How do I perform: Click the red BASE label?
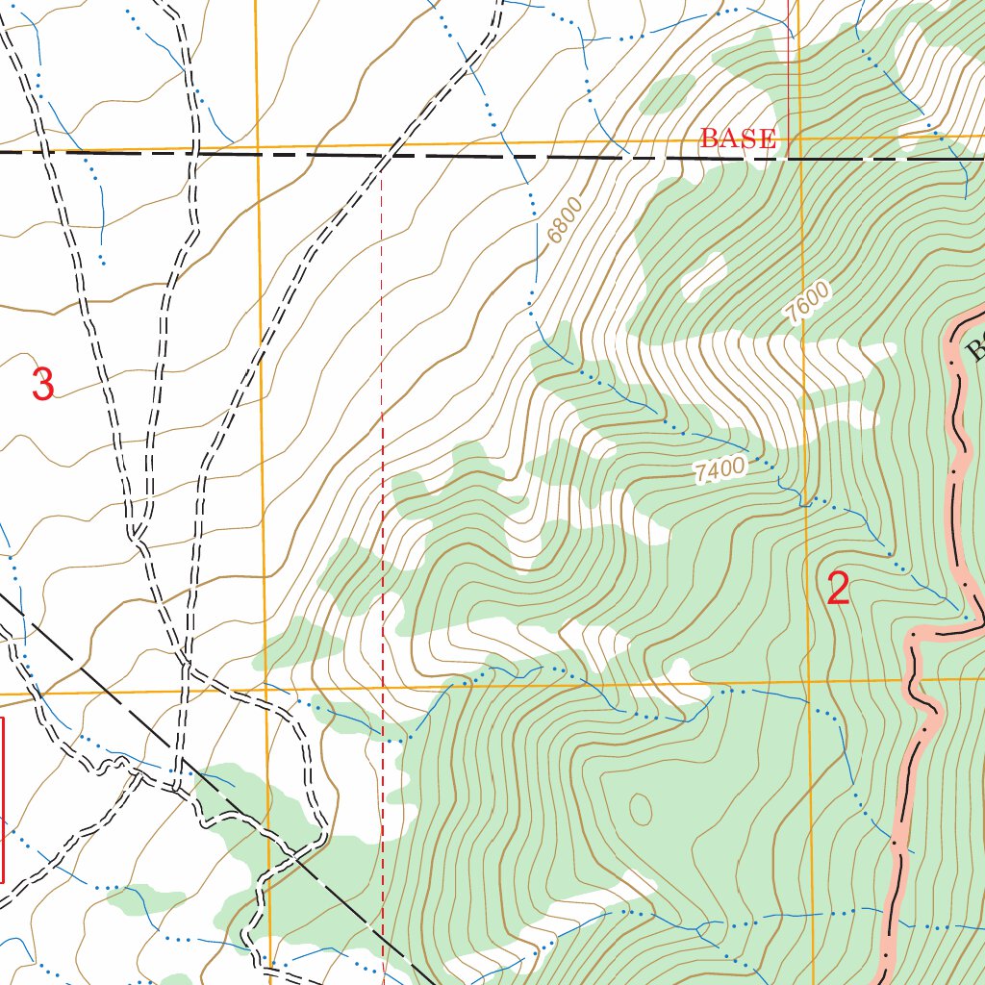click(737, 139)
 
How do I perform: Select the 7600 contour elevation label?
click(806, 302)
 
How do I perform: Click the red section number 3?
click(42, 384)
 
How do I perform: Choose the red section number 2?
click(838, 589)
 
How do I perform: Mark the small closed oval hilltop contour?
click(639, 810)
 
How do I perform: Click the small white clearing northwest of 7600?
click(704, 276)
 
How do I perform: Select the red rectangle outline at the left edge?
click(3, 798)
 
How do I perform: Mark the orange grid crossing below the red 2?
click(809, 683)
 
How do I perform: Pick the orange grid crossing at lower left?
click(265, 689)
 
